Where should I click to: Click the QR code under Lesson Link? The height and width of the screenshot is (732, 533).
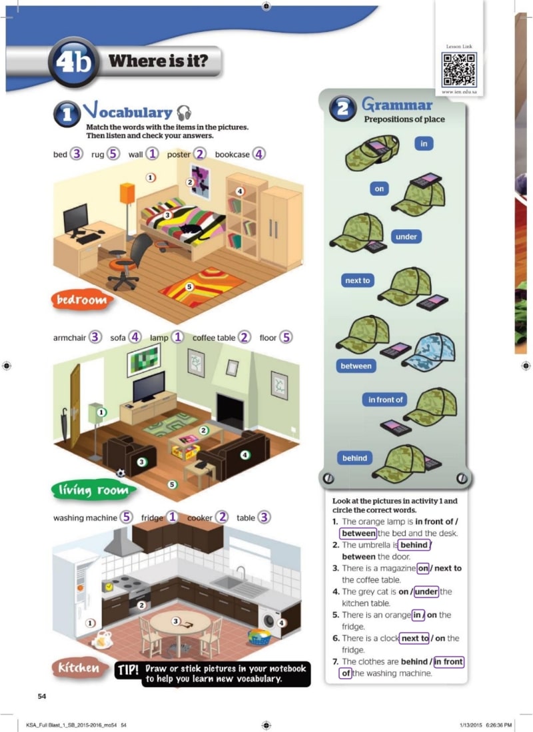[458, 69]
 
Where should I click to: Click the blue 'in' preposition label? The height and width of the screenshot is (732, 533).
[423, 143]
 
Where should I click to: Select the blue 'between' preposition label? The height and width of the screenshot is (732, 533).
[356, 366]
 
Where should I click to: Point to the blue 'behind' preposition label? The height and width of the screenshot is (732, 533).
[354, 458]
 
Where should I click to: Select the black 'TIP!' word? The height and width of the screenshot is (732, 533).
[126, 669]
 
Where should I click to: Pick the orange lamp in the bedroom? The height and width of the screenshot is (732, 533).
[127, 192]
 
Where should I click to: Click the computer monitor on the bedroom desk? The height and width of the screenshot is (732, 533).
[76, 217]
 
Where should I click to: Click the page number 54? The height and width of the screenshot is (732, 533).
[41, 696]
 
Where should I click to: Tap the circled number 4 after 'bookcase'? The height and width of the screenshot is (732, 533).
[258, 153]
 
